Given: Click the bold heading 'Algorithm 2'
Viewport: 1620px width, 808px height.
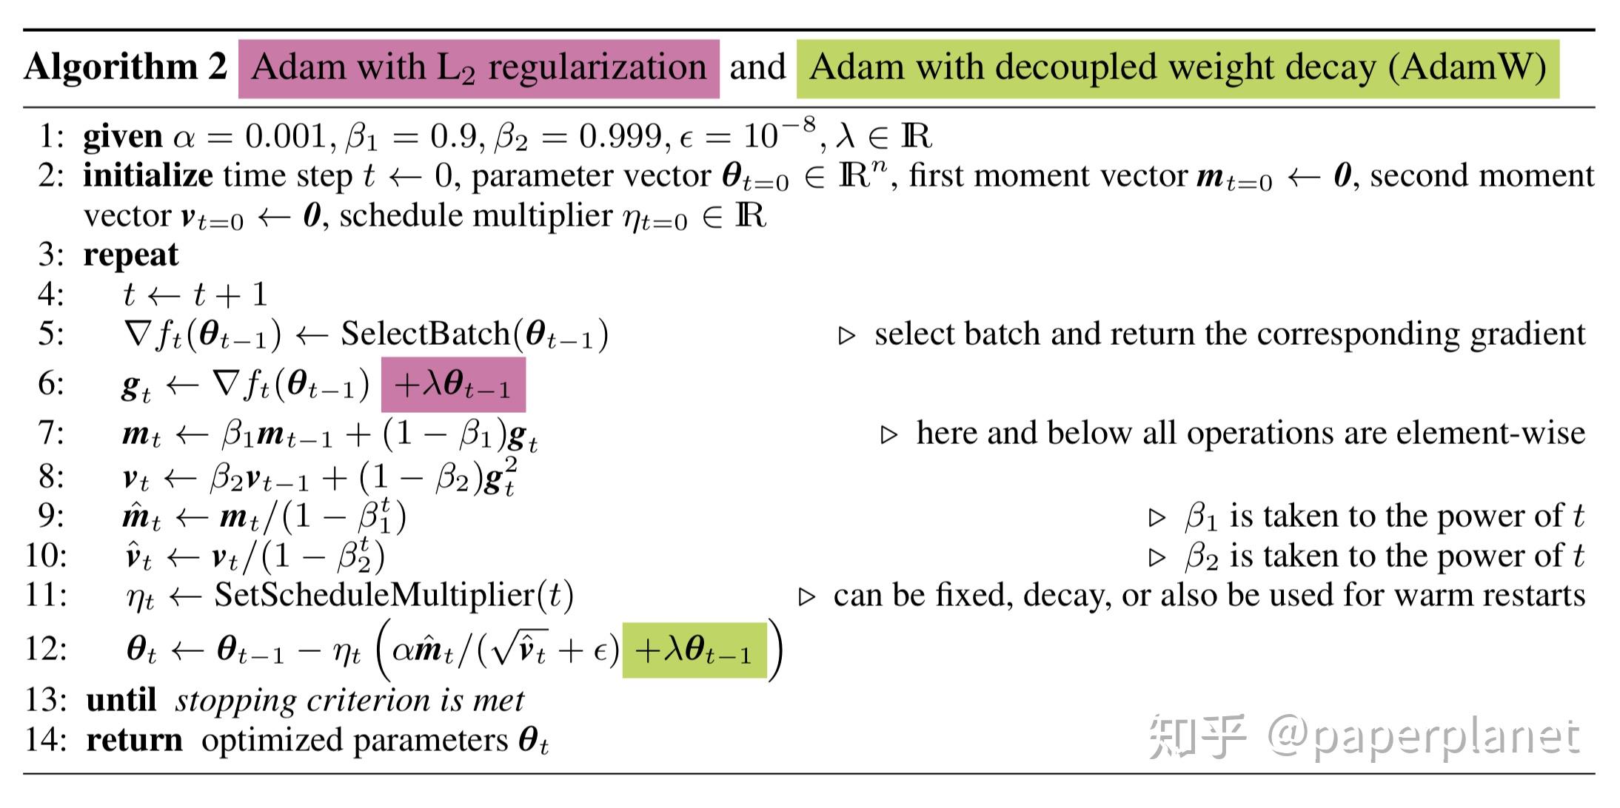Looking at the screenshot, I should click(x=125, y=67).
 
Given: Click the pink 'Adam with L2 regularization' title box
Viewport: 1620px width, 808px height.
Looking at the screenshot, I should click(x=478, y=69).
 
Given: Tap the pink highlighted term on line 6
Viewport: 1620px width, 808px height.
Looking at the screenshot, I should click(x=453, y=386).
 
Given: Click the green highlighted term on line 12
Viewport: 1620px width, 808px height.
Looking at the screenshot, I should click(x=694, y=651).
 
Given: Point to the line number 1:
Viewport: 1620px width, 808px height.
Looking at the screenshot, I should click(x=51, y=137).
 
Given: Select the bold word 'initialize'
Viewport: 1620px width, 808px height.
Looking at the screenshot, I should click(x=147, y=176).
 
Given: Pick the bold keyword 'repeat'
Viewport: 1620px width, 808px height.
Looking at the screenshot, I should click(x=130, y=255).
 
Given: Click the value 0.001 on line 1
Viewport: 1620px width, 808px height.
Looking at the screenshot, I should click(x=286, y=137).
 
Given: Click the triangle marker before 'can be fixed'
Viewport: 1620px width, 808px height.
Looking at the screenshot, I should click(x=806, y=597).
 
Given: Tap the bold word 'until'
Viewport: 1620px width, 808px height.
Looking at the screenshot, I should click(x=121, y=700).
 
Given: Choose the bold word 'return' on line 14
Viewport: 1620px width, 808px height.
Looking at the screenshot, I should click(x=134, y=740).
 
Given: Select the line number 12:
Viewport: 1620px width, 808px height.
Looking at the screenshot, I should click(x=46, y=649).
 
